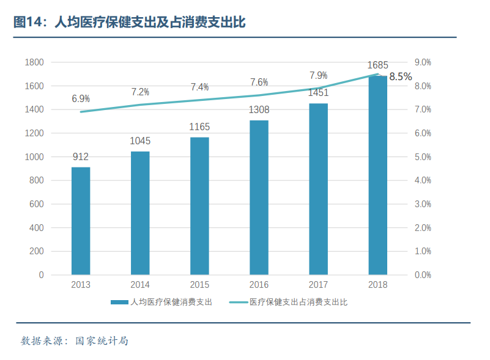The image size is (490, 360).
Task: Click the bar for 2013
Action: [x=81, y=221]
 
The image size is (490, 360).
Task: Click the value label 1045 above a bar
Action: [x=140, y=141]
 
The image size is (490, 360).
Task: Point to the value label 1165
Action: [x=199, y=127]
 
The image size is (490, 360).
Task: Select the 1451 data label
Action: [x=318, y=93]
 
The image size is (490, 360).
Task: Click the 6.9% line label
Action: [x=81, y=98]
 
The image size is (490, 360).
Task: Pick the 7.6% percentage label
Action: [x=259, y=82]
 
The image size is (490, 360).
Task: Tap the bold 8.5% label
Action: [x=401, y=76]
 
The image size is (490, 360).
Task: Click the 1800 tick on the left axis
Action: [x=34, y=62]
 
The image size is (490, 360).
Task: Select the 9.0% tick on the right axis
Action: [x=423, y=62]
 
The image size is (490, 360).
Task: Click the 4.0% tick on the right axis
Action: [x=423, y=180]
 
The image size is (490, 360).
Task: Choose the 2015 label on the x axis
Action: [x=199, y=285]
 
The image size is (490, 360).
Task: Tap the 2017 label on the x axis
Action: [x=318, y=285]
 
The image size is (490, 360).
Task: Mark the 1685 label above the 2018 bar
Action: [x=377, y=65]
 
